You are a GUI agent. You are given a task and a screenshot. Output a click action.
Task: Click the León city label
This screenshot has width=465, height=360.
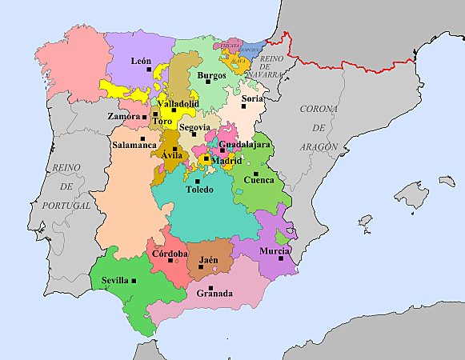click(141, 61)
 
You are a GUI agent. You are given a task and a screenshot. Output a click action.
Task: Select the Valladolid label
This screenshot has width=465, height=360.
click(178, 103)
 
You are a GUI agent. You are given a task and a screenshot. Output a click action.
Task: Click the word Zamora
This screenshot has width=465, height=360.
click(123, 116)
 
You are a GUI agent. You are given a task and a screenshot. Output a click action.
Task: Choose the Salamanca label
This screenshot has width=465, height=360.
click(134, 145)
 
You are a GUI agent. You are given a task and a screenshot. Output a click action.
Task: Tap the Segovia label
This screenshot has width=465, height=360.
click(194, 126)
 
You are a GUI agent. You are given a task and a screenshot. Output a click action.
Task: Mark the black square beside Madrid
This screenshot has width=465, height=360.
click(206, 159)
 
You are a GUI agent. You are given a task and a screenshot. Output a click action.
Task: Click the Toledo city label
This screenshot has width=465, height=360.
click(199, 190)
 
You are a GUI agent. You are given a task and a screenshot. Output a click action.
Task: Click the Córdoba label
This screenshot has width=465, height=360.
click(170, 254)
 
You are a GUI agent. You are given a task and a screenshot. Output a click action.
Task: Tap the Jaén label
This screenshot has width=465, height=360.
click(209, 259)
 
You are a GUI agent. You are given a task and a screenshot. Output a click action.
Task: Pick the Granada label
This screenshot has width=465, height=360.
click(214, 294)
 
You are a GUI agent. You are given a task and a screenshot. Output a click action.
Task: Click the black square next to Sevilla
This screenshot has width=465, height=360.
click(134, 280)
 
